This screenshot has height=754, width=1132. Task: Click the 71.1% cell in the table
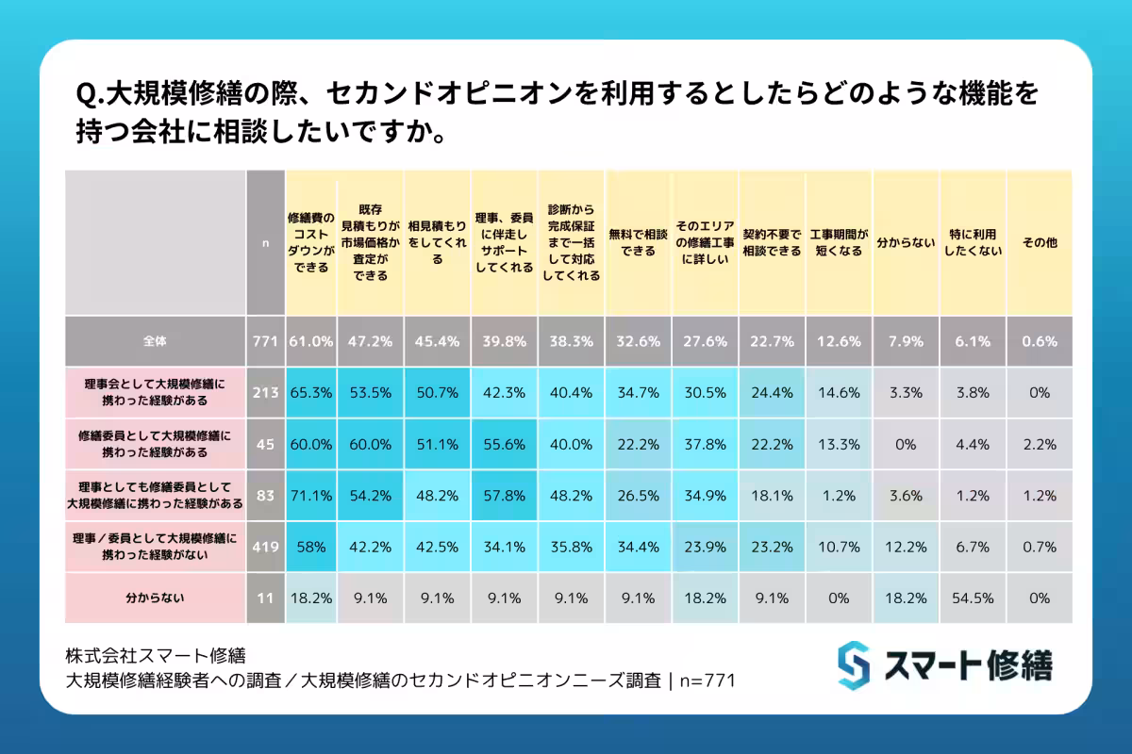click(310, 495)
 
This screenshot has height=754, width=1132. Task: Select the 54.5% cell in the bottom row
click(972, 598)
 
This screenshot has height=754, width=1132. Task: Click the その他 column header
click(1039, 242)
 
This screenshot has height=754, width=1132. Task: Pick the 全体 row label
click(155, 342)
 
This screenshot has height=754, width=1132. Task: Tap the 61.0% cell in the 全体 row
click(310, 342)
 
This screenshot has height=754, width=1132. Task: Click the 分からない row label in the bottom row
click(155, 598)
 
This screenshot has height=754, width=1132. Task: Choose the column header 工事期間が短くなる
click(838, 242)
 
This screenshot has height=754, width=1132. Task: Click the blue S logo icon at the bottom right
click(853, 664)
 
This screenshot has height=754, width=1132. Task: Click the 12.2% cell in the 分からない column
click(906, 546)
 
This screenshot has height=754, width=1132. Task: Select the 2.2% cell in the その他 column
click(1039, 444)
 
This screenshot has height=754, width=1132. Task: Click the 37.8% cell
click(705, 444)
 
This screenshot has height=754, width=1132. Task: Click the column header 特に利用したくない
click(972, 242)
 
